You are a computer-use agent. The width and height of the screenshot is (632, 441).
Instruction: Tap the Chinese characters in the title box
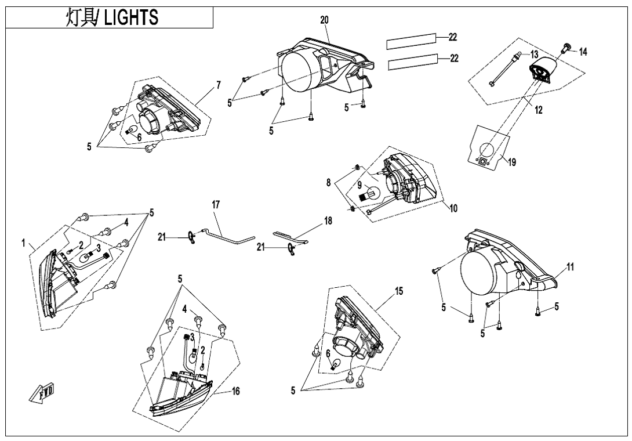pos(81,17)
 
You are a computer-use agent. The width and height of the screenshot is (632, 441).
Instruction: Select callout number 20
pos(324,20)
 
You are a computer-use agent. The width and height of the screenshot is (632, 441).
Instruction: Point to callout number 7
pos(219,85)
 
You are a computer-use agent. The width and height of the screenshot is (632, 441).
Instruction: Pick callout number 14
pos(583,52)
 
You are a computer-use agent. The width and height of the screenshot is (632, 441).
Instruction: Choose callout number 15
pos(399,291)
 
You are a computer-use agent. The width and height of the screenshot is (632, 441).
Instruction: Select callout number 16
pos(236,392)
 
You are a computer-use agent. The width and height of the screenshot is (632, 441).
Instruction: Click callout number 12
pos(539,110)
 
